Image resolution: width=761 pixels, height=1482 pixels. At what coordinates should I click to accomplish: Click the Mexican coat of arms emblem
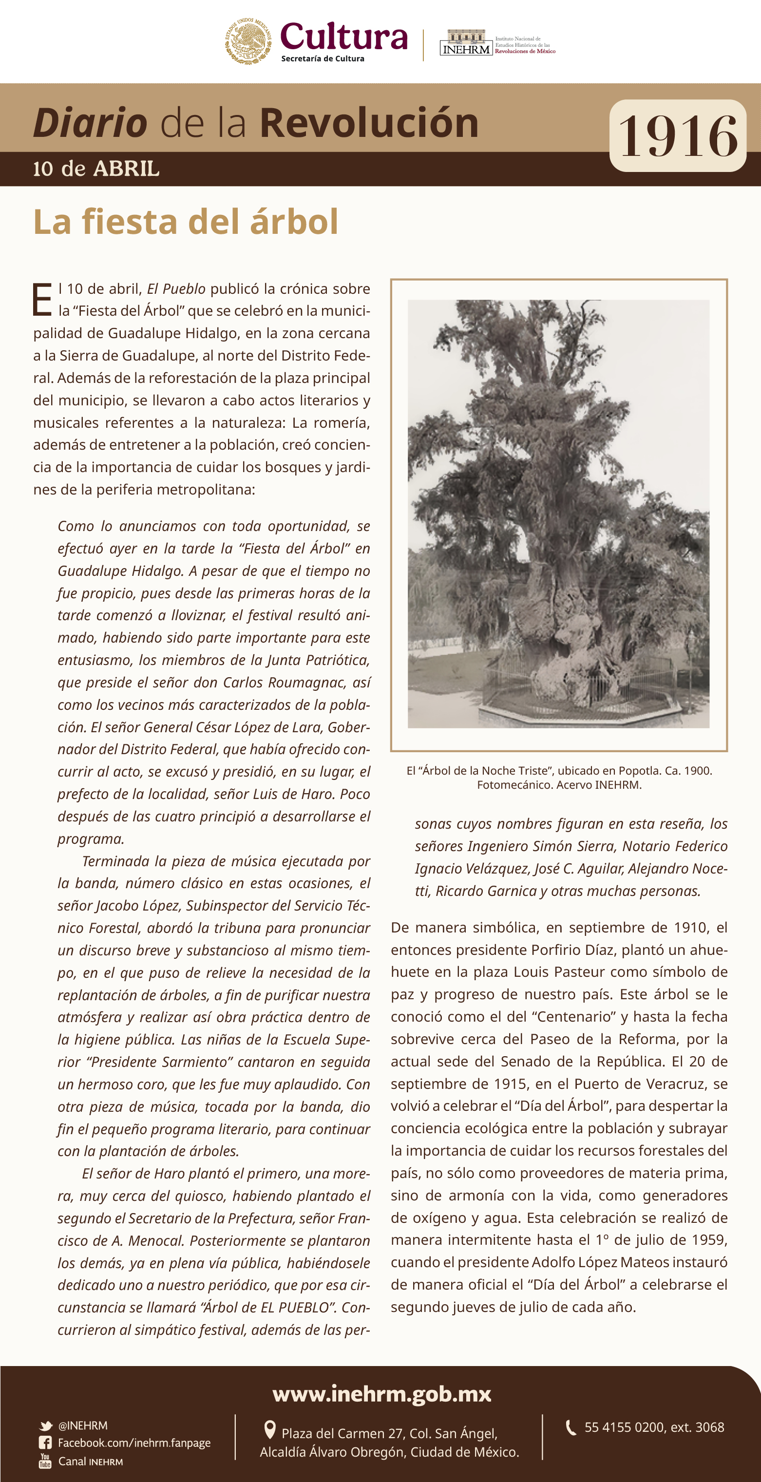point(248,41)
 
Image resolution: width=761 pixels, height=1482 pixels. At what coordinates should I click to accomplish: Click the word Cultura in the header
point(343,37)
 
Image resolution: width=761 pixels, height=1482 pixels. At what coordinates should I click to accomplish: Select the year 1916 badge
point(678,136)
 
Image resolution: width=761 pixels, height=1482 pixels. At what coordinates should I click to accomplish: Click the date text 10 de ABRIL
point(96,169)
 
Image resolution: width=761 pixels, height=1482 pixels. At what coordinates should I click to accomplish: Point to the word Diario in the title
point(90,123)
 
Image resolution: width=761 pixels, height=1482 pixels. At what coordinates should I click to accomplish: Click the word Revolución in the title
point(369,123)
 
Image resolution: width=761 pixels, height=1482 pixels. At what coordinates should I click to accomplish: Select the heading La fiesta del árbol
point(186,222)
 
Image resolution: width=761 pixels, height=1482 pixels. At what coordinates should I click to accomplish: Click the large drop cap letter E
point(42,299)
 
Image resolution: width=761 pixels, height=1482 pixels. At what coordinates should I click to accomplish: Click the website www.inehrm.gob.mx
point(381,1393)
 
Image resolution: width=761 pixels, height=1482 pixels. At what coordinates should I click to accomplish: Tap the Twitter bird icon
point(45,1425)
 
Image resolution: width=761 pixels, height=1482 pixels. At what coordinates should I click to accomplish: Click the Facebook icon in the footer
point(45,1443)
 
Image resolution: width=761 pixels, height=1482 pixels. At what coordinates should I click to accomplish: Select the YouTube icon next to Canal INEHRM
point(45,1461)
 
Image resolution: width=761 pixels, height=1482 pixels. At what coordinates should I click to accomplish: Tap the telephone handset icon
point(571,1427)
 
